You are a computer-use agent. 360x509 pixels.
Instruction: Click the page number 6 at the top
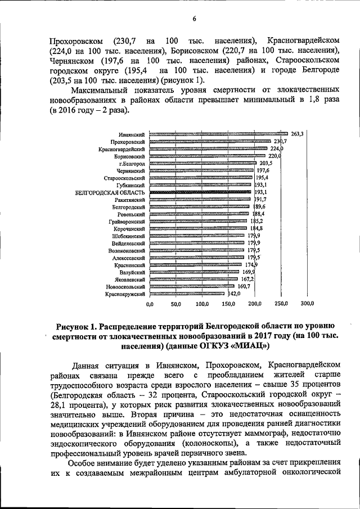(x=193, y=19)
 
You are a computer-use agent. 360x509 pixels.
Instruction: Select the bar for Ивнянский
(x=218, y=134)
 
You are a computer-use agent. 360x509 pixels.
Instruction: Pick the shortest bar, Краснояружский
(x=188, y=294)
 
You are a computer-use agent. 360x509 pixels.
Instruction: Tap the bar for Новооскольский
(x=193, y=286)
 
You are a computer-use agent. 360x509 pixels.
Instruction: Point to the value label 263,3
(x=298, y=134)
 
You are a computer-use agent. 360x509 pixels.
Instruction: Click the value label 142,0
(x=234, y=294)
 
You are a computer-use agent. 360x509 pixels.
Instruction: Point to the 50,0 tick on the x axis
(x=176, y=304)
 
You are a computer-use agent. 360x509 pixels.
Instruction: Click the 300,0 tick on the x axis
(x=307, y=304)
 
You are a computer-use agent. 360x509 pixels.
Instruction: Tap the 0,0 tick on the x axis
(x=150, y=304)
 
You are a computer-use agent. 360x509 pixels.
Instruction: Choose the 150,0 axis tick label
(x=228, y=304)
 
